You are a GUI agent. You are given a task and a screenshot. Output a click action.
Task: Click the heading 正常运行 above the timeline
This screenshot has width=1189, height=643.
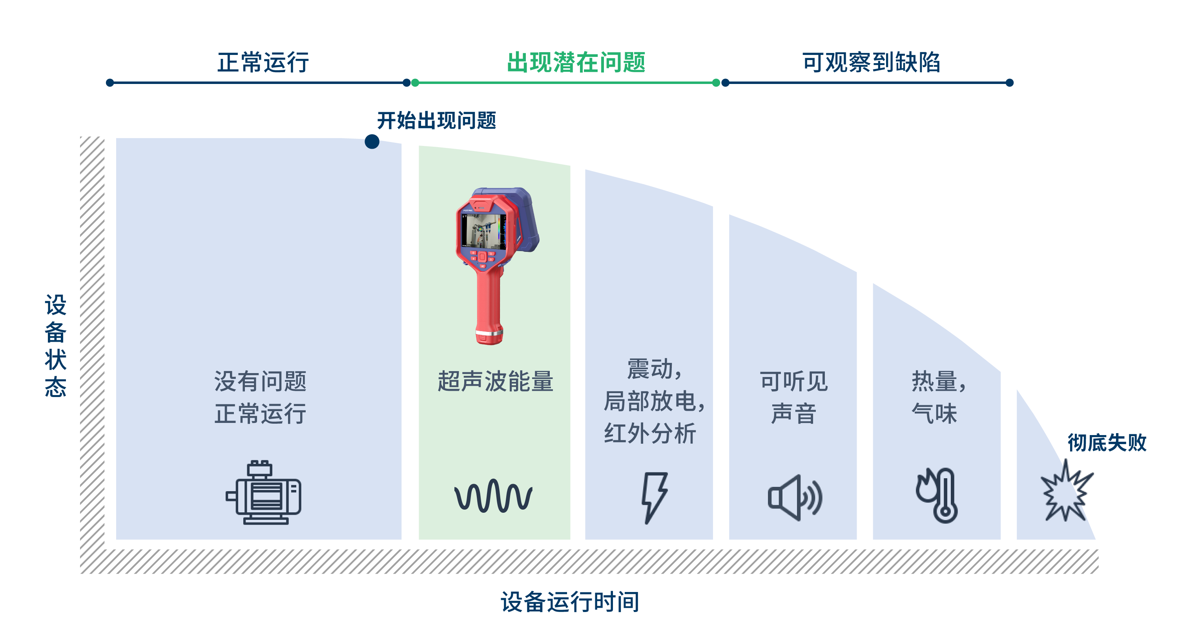point(263,62)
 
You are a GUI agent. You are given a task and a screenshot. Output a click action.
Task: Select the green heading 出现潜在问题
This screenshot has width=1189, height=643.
point(576,62)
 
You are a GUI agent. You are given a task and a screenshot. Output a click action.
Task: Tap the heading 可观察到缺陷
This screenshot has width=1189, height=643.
point(871,62)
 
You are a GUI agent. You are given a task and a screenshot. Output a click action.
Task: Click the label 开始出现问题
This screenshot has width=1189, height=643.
point(437,120)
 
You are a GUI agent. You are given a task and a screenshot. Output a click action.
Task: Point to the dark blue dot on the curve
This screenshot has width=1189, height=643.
point(372,141)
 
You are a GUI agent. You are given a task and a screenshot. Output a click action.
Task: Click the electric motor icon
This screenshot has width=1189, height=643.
point(264,492)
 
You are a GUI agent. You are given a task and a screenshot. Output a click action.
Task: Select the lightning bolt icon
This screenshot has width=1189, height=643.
point(655,497)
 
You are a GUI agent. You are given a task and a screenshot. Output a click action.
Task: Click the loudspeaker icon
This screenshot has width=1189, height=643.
point(795,497)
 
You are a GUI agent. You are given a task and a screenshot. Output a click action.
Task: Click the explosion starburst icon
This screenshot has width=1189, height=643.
point(1066,491)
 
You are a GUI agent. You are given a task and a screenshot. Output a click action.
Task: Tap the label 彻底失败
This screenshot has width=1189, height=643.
point(1107,443)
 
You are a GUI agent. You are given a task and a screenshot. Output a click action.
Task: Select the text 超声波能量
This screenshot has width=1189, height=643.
point(495,382)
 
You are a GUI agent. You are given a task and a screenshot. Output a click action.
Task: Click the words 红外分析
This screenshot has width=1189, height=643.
point(650,434)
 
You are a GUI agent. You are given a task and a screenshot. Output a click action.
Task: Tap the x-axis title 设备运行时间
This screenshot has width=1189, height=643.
point(571,602)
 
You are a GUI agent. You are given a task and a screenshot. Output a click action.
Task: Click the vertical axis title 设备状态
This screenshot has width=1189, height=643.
point(55,345)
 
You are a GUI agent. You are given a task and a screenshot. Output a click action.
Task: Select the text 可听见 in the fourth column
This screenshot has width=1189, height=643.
point(794,382)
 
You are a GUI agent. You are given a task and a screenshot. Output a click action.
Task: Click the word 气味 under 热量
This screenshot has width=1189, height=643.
point(934,413)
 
